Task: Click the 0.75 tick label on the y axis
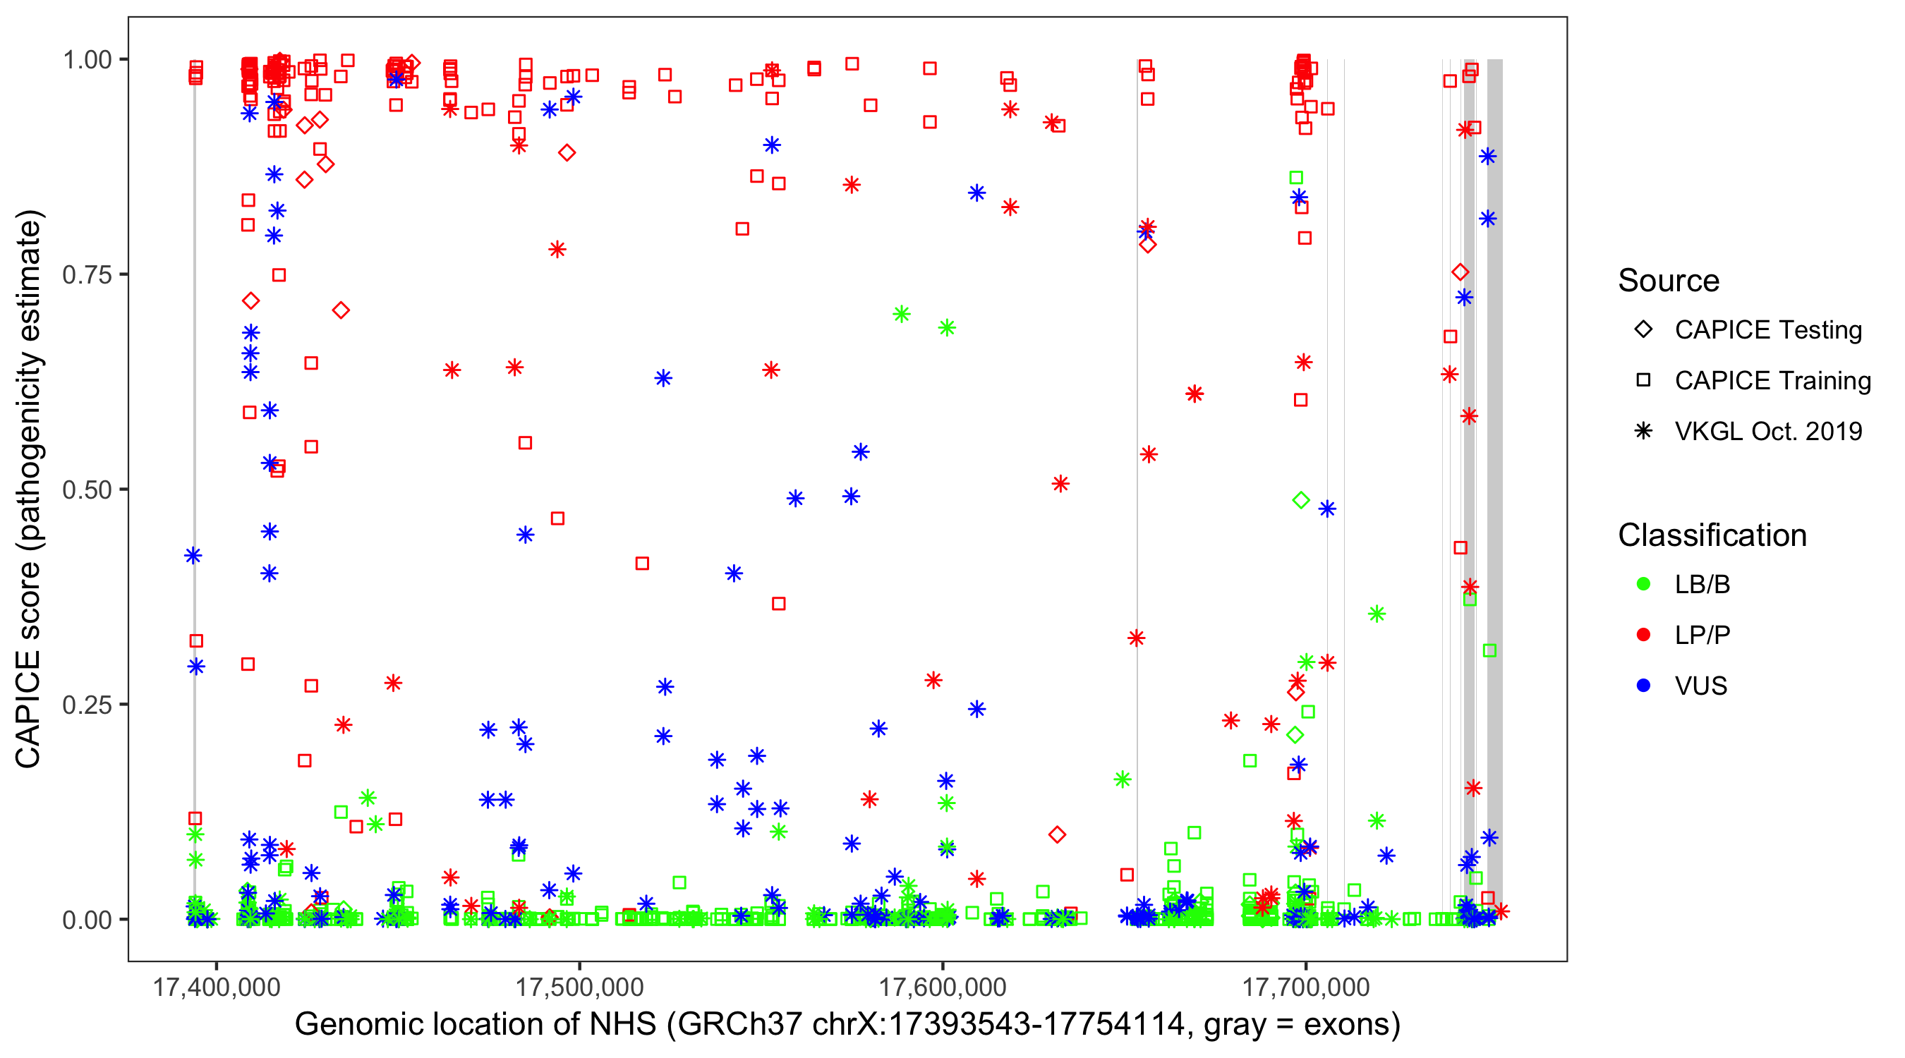tap(86, 274)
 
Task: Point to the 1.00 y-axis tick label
tap(86, 59)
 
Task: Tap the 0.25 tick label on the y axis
tap(86, 704)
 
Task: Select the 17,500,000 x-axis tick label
tap(579, 986)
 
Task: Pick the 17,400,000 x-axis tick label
tap(216, 986)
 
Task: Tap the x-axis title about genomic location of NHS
tap(847, 1024)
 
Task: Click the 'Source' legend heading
tap(1669, 280)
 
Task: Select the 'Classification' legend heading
tap(1712, 535)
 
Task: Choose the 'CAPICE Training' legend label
tap(1772, 380)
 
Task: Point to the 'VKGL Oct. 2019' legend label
tap(1768, 431)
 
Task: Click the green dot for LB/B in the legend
tap(1643, 584)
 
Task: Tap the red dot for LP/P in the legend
tap(1643, 634)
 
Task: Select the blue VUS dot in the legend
tap(1643, 686)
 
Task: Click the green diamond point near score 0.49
tap(1301, 500)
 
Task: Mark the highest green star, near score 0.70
tap(901, 314)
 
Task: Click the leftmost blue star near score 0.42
tap(193, 555)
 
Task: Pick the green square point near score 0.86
tap(1295, 178)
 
